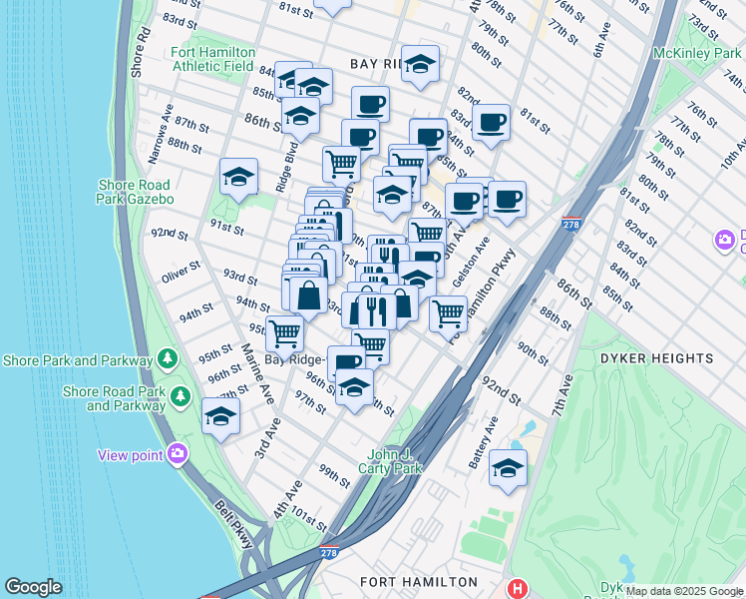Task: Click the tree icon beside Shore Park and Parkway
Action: pos(168,359)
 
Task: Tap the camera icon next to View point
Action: pos(178,455)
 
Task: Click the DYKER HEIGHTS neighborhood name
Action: pos(670,356)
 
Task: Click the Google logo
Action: pos(33,587)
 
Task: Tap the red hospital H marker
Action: pos(517,589)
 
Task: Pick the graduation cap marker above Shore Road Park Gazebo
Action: pos(238,177)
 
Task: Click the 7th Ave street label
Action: pos(562,393)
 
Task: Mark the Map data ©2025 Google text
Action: pos(684,591)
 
